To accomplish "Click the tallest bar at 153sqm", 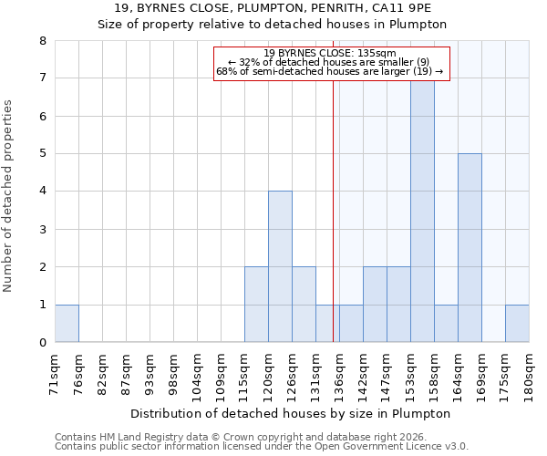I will (422, 211).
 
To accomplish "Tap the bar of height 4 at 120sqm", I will (280, 266).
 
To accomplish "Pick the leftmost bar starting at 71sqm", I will (67, 323).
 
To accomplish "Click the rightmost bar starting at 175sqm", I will (517, 323).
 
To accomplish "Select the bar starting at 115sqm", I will (256, 305).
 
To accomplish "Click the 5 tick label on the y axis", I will (42, 154).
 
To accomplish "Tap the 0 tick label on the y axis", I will (42, 343).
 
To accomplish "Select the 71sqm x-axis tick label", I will (56, 374).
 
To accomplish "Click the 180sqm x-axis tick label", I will (530, 374).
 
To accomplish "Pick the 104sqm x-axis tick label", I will (198, 374).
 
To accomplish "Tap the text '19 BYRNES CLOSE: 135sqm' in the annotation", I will (330, 54).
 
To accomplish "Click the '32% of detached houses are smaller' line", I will (330, 62).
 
